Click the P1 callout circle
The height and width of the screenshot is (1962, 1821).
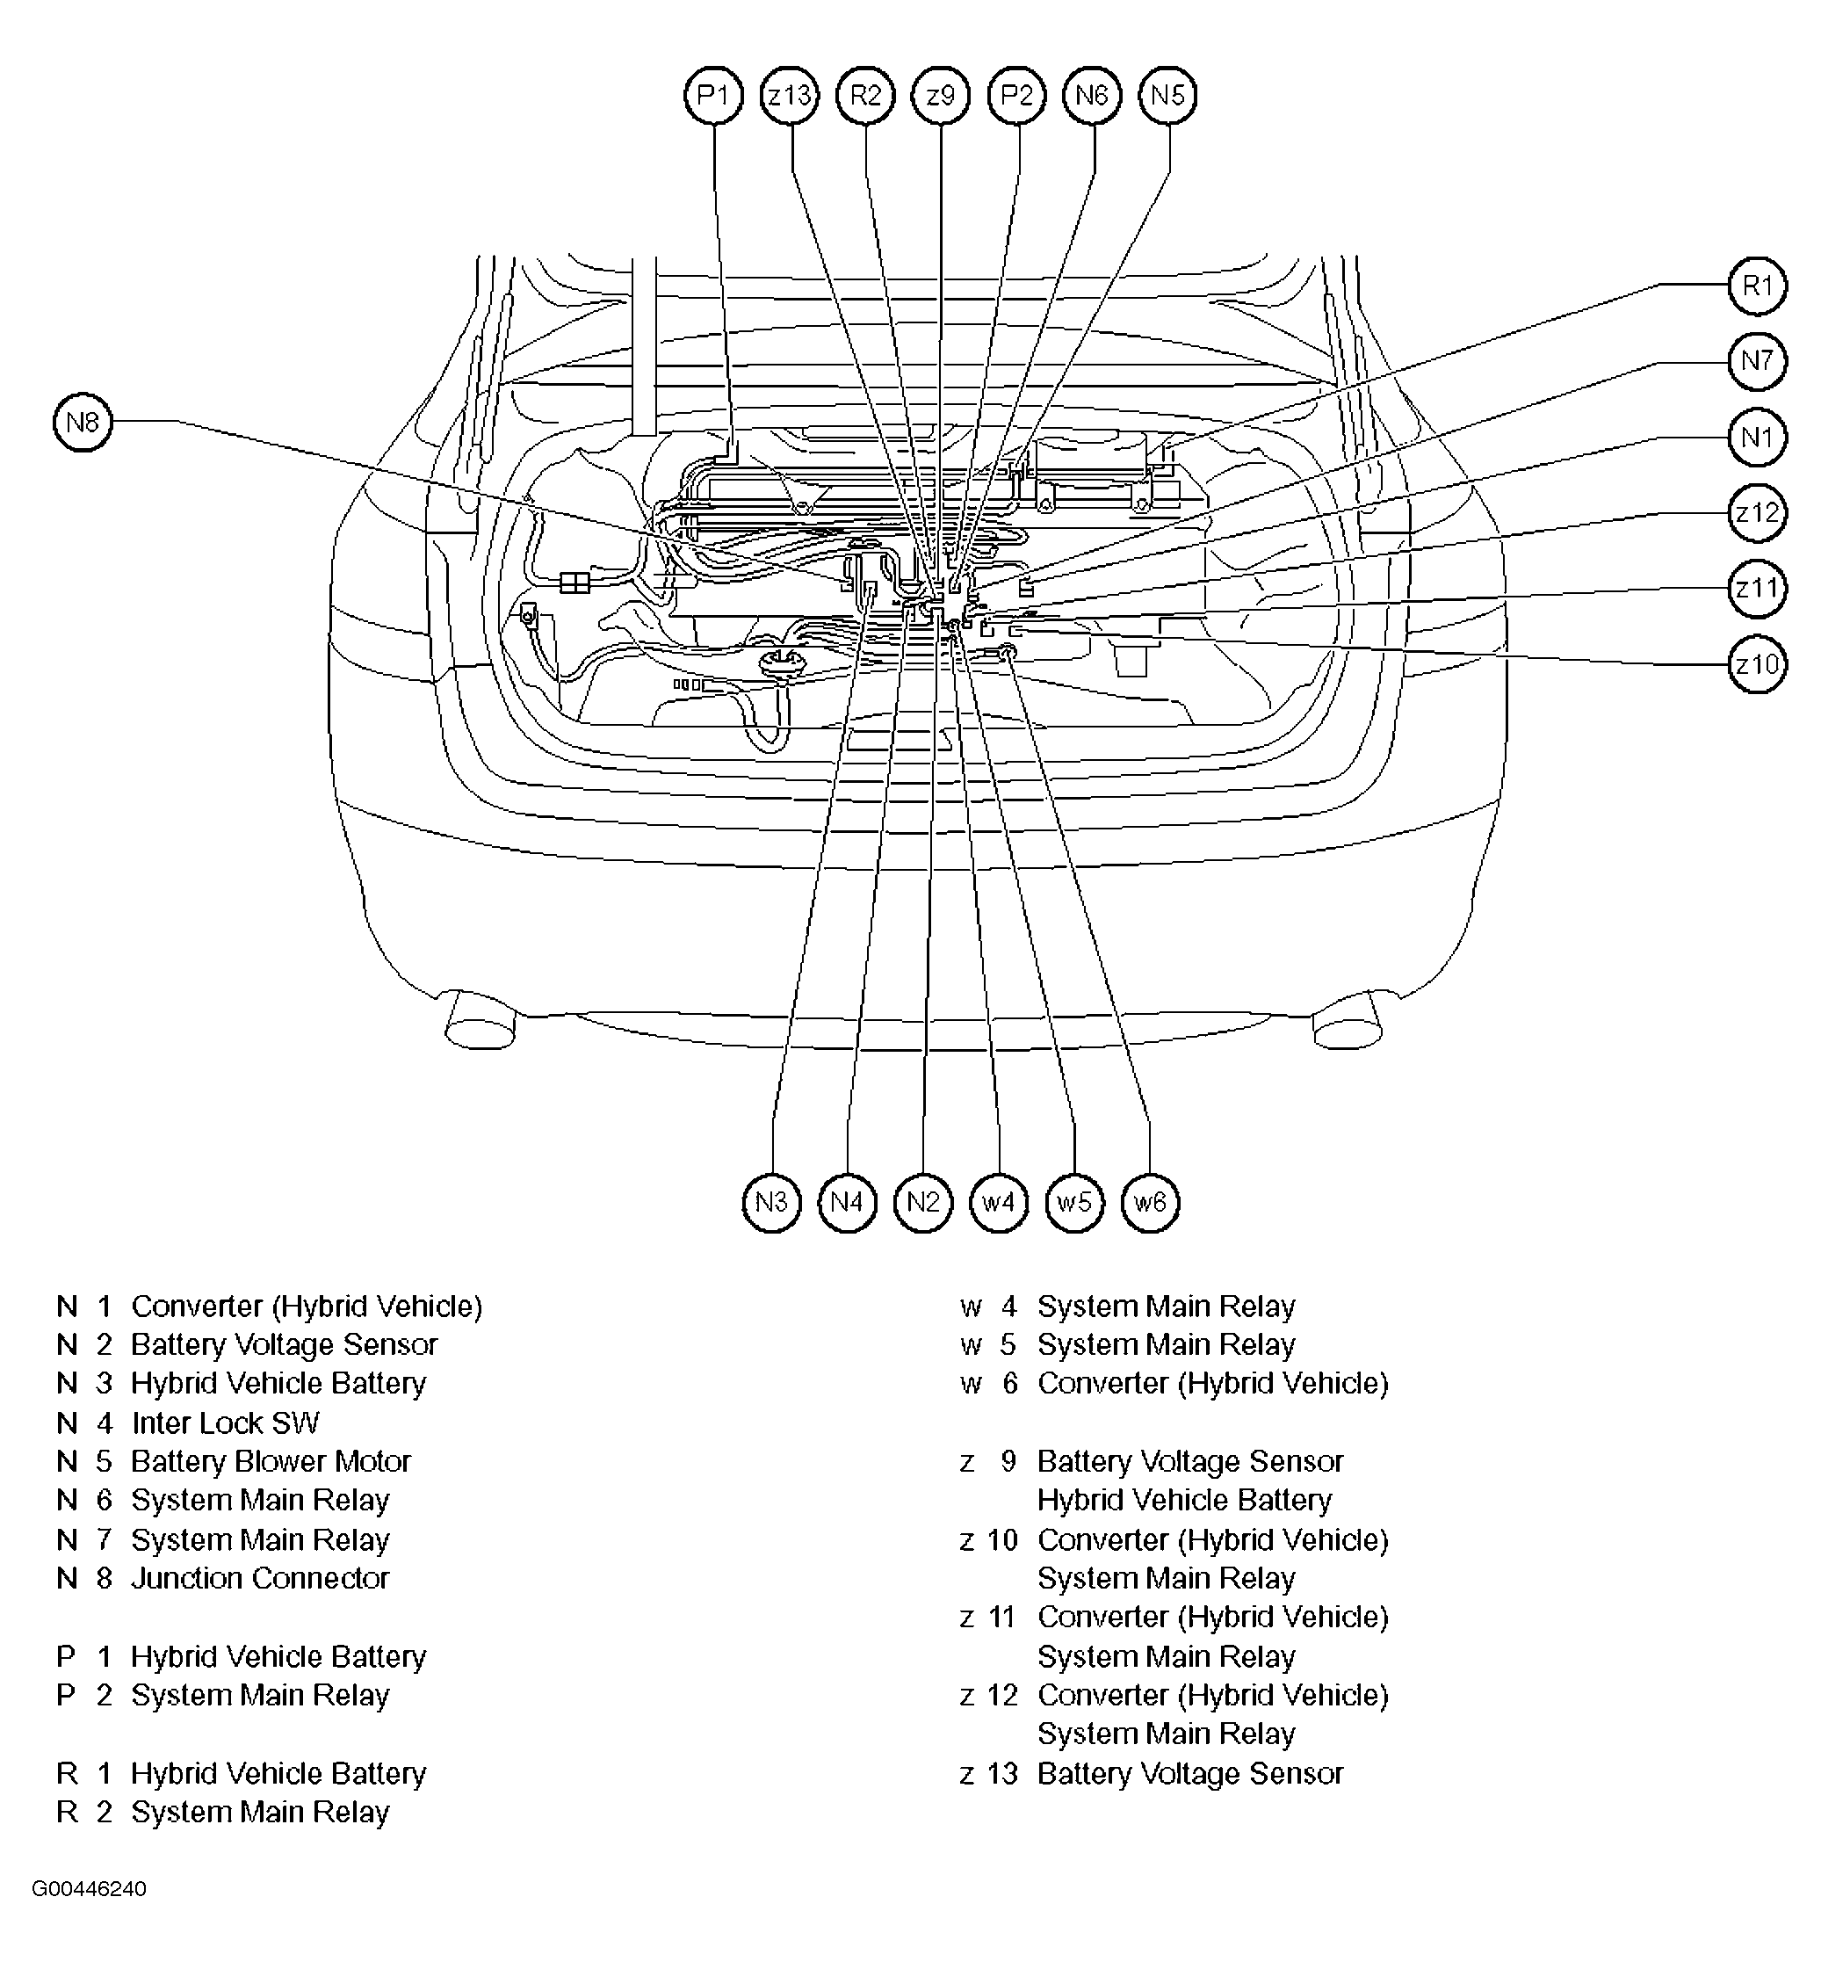[x=713, y=96]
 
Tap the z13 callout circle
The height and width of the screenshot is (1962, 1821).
[x=791, y=96]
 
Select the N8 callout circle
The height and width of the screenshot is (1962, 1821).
[x=83, y=422]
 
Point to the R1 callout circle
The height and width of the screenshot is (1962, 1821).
[x=1757, y=286]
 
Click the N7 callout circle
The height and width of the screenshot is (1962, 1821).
[x=1757, y=360]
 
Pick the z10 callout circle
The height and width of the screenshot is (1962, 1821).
[x=1757, y=664]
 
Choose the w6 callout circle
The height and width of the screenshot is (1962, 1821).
[x=1150, y=1202]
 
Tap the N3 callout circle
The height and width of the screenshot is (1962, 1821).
[x=771, y=1202]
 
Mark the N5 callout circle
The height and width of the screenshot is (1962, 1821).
[x=1167, y=96]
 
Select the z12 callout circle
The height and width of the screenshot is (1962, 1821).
[x=1757, y=512]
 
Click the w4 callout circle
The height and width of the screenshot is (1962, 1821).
[x=998, y=1202]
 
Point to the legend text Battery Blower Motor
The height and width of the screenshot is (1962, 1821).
[x=271, y=1461]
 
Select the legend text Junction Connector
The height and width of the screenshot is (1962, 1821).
[x=260, y=1578]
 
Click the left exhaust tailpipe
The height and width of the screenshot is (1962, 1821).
[x=480, y=1022]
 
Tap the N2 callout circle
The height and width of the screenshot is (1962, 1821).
[x=923, y=1202]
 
